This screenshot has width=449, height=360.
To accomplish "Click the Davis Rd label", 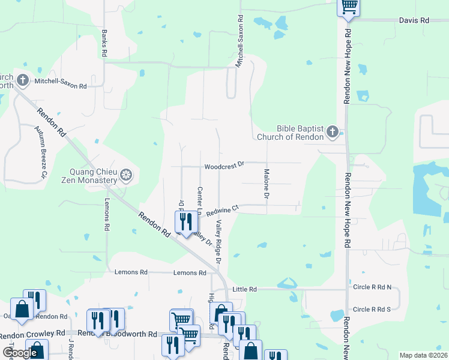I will click(414, 20).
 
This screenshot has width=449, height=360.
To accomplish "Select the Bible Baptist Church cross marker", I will click(333, 132).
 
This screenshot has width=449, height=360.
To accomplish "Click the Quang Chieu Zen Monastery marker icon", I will click(125, 175).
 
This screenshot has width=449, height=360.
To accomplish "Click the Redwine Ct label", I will click(223, 210).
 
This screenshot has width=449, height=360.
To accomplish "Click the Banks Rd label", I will click(104, 43).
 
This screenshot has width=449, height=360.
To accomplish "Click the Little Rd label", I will click(244, 289).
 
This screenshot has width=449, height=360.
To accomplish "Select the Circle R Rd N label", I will click(372, 287).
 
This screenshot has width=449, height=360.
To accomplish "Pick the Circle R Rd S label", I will click(372, 310).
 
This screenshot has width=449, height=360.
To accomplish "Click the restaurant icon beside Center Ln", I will click(185, 221).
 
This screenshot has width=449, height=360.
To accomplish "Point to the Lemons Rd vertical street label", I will click(107, 215).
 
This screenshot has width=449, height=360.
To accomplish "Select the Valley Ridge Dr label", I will click(219, 242).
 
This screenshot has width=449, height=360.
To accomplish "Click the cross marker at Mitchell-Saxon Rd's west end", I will click(23, 79).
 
